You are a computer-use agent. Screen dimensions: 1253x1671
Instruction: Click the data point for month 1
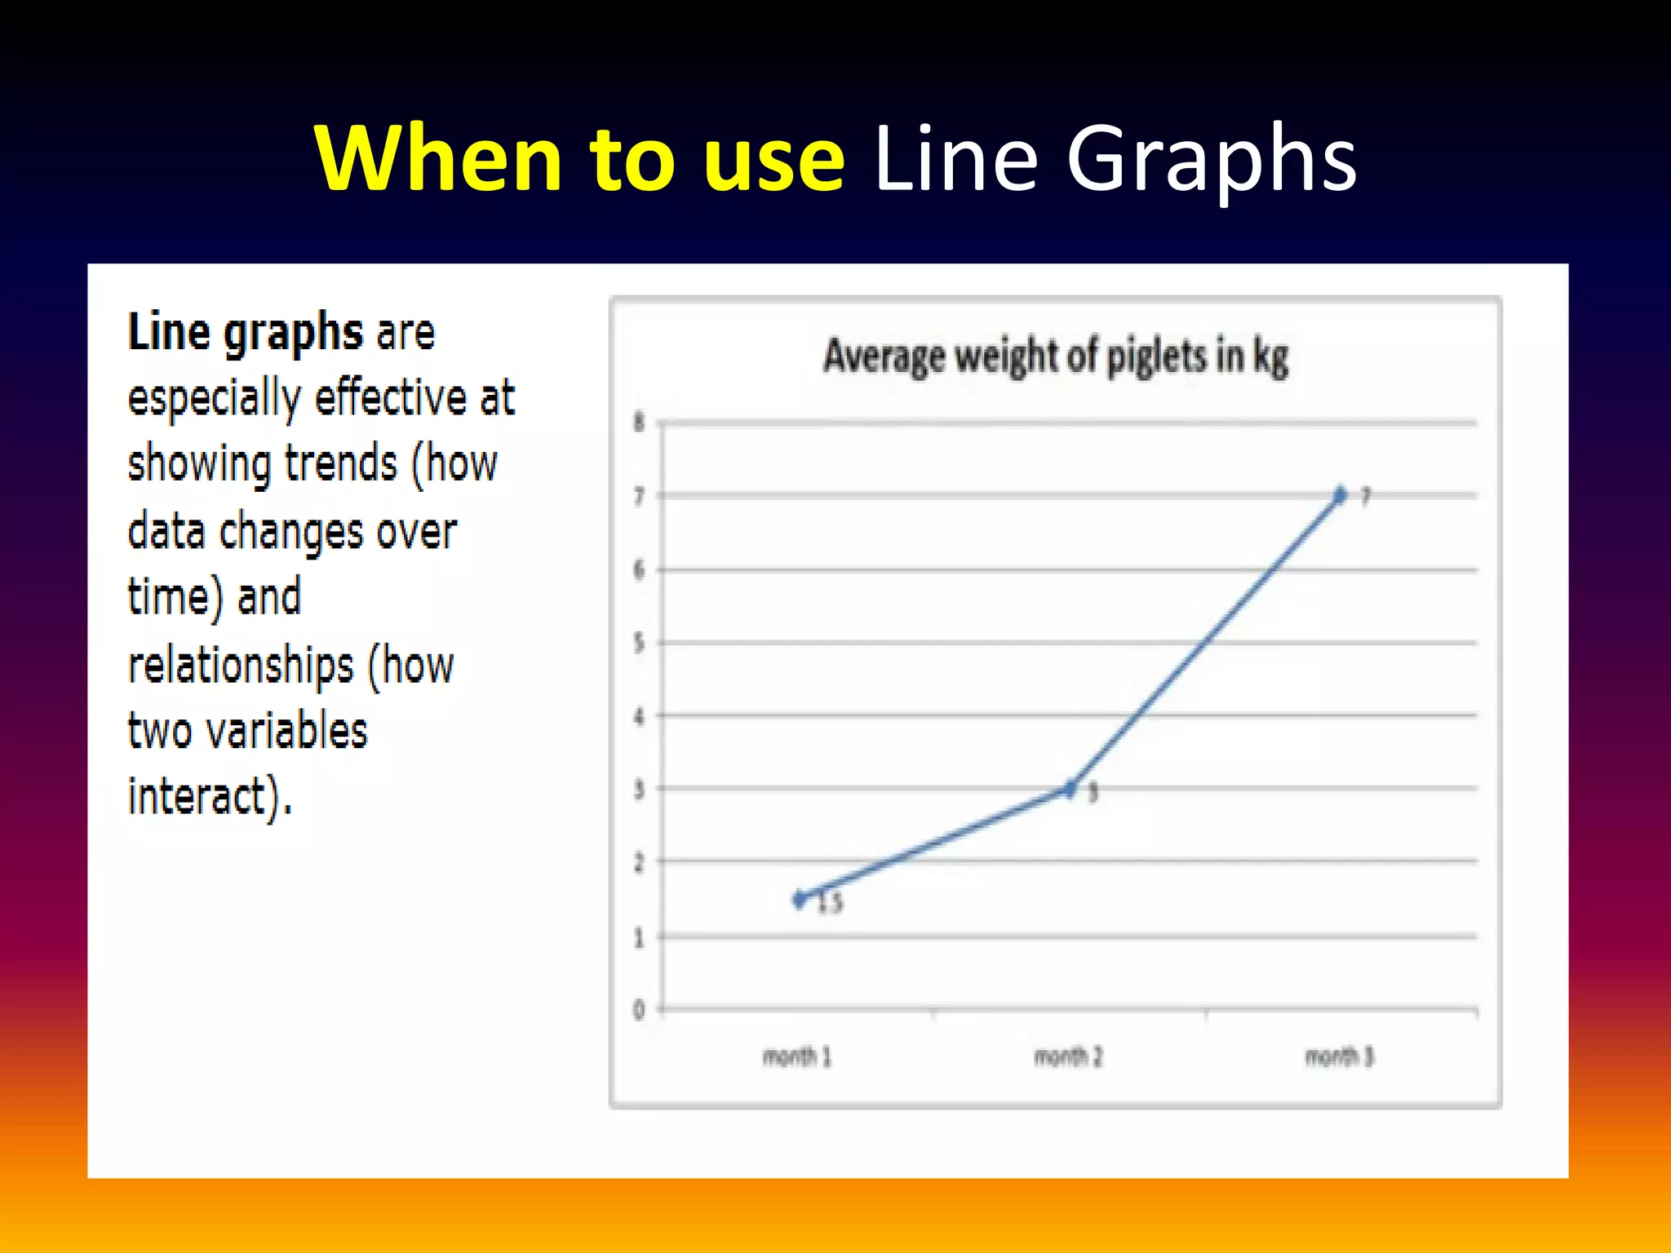pyautogui.click(x=800, y=899)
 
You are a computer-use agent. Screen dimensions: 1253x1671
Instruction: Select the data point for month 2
pyautogui.click(x=1070, y=789)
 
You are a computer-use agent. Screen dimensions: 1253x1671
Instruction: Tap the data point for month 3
pyautogui.click(x=1340, y=495)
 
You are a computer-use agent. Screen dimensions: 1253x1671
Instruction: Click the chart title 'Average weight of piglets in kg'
pyautogui.click(x=1056, y=357)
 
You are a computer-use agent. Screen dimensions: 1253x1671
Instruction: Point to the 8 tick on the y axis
pyautogui.click(x=639, y=423)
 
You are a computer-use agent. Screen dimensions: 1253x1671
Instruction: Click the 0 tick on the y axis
pyautogui.click(x=639, y=1010)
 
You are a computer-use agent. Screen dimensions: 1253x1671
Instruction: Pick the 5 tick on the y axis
pyautogui.click(x=639, y=643)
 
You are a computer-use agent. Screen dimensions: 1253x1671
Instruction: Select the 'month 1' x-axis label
pyautogui.click(x=797, y=1057)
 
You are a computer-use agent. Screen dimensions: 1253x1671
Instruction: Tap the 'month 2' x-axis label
pyautogui.click(x=1068, y=1057)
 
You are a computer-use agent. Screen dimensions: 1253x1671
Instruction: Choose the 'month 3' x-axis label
pyautogui.click(x=1340, y=1057)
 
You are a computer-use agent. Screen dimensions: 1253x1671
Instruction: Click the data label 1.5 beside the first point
pyautogui.click(x=830, y=903)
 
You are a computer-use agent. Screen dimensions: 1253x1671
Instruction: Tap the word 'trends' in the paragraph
pyautogui.click(x=340, y=465)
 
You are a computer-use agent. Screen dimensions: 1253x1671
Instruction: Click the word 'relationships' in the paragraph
pyautogui.click(x=241, y=666)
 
